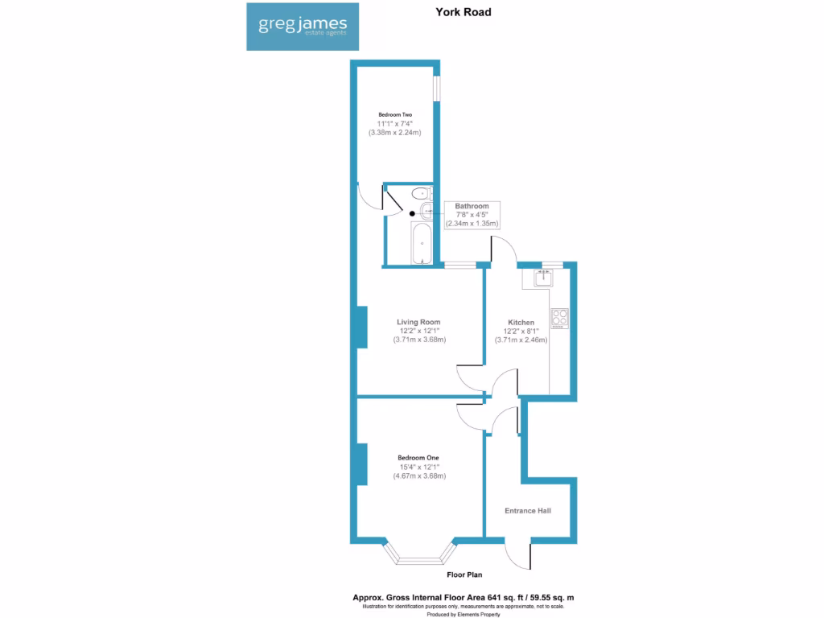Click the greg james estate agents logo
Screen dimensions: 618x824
303,26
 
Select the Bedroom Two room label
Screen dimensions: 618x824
395,115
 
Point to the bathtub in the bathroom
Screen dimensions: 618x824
421,245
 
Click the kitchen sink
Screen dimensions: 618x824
540,278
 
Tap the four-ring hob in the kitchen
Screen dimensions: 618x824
560,318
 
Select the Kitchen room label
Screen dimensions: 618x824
521,323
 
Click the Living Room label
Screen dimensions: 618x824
419,322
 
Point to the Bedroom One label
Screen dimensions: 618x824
418,458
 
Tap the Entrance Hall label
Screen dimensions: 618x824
528,511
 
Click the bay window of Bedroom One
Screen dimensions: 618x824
418,555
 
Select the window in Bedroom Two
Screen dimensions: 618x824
437,89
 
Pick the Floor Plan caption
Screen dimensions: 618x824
465,575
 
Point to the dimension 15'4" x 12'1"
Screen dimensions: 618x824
419,467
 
